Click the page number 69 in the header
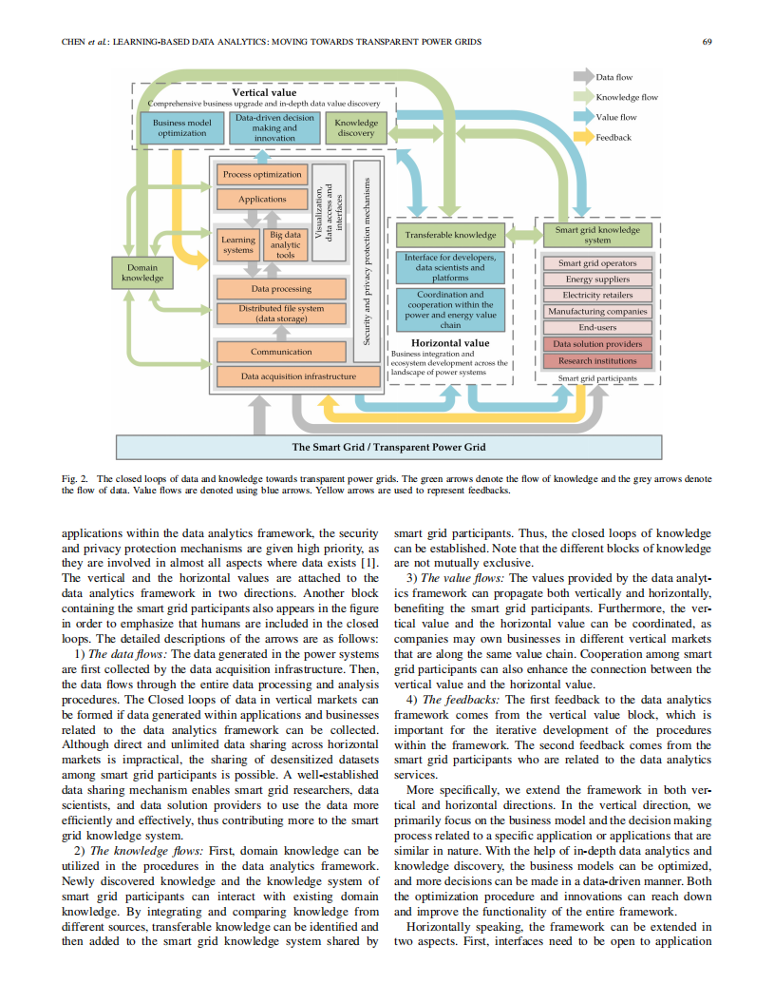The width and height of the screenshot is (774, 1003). [707, 42]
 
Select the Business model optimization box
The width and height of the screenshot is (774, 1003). [182, 128]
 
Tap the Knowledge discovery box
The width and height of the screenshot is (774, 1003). [357, 128]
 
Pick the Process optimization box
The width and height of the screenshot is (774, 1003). [262, 175]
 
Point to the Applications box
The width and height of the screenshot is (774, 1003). [262, 199]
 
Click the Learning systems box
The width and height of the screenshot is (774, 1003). [237, 244]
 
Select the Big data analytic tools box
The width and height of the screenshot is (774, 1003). [285, 244]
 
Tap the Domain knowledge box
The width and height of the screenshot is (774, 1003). [142, 273]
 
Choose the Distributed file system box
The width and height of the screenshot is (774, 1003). [268, 314]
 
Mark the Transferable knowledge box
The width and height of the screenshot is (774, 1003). [450, 235]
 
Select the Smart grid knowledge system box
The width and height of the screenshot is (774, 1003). [597, 235]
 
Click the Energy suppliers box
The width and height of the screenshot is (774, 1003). [597, 280]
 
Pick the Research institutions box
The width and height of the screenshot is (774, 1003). [597, 361]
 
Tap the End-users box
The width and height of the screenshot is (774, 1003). [597, 327]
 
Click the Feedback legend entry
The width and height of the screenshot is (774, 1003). [613, 137]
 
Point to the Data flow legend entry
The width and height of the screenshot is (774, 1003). [614, 77]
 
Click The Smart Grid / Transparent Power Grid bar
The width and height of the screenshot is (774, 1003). [388, 447]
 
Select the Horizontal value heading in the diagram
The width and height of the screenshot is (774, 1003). [450, 342]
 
